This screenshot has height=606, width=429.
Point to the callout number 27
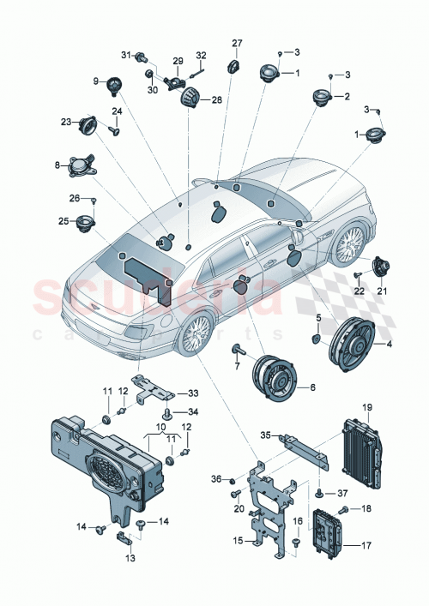tap(238, 42)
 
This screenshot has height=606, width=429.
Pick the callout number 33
tap(192, 393)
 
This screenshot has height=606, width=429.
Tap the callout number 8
tap(57, 165)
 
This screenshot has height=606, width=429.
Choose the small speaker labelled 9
tap(111, 83)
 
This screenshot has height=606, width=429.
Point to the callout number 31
tap(124, 56)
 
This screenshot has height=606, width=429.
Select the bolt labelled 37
tap(319, 494)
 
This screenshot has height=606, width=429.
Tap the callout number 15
tap(236, 541)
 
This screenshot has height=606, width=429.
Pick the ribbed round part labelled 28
tap(189, 99)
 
